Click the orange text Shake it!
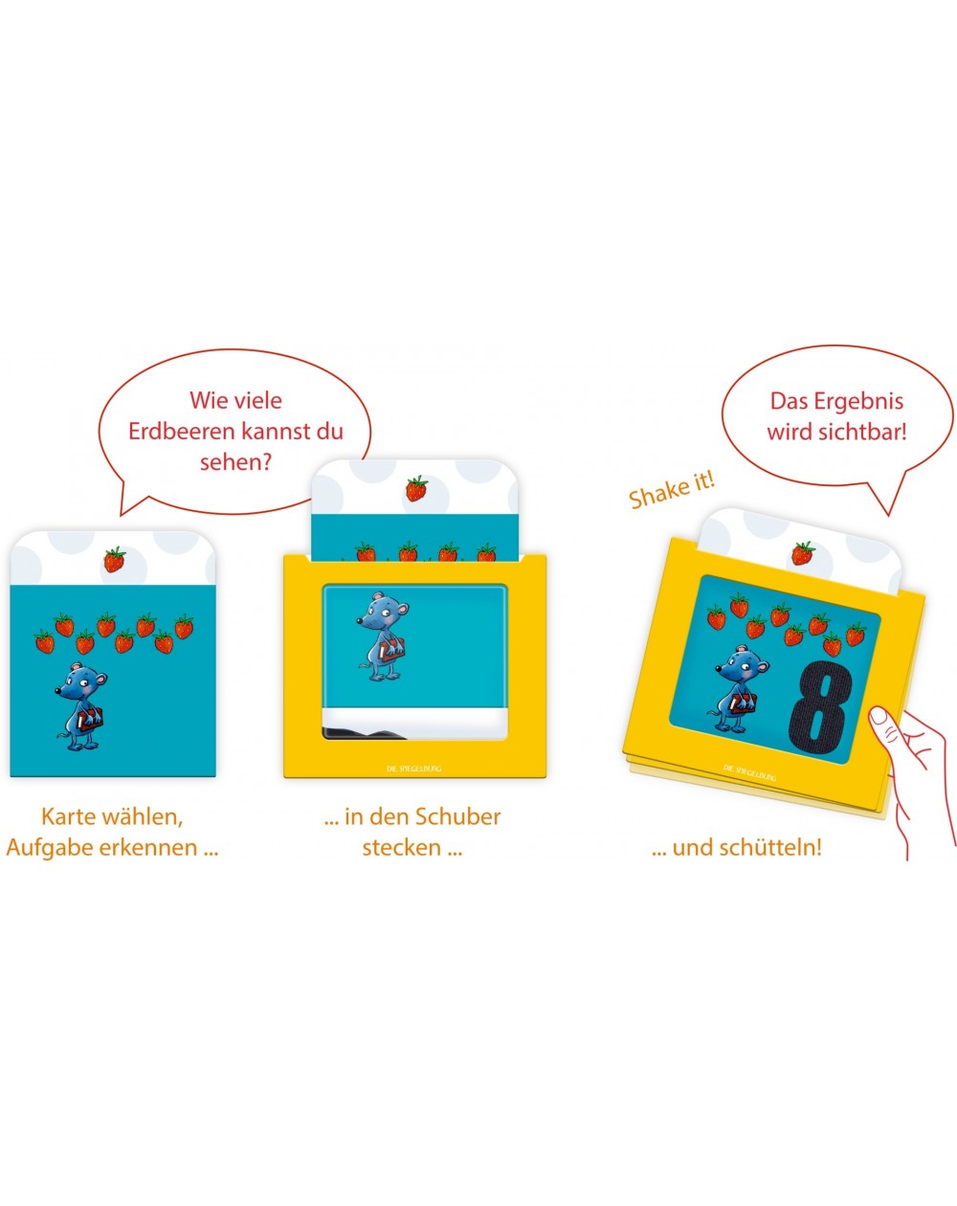click(x=672, y=490)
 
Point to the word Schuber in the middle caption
click(x=458, y=816)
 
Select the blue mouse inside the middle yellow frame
click(x=382, y=636)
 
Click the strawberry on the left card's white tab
click(x=115, y=559)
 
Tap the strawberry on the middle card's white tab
click(x=416, y=488)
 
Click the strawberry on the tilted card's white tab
click(x=803, y=553)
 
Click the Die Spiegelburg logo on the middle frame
click(x=414, y=769)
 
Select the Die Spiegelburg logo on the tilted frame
click(x=749, y=772)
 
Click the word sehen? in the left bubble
click(x=235, y=463)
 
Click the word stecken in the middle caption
click(x=402, y=847)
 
